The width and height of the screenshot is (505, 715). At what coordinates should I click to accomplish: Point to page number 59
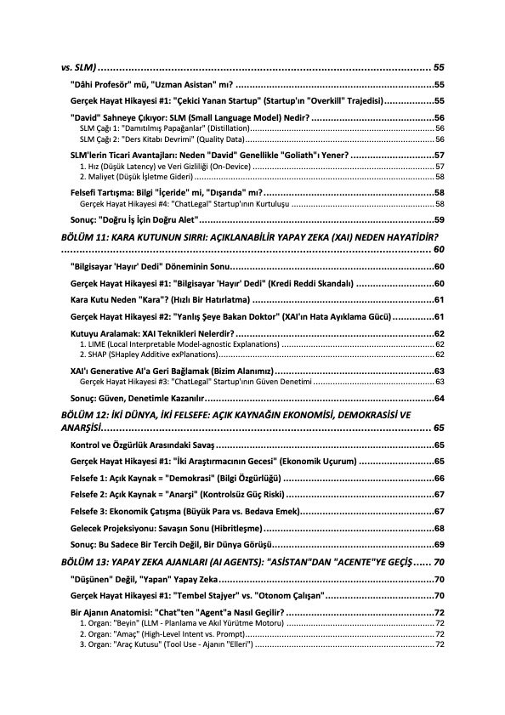pyautogui.click(x=439, y=219)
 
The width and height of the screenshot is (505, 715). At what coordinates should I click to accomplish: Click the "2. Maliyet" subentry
pyautogui.click(x=136, y=177)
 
